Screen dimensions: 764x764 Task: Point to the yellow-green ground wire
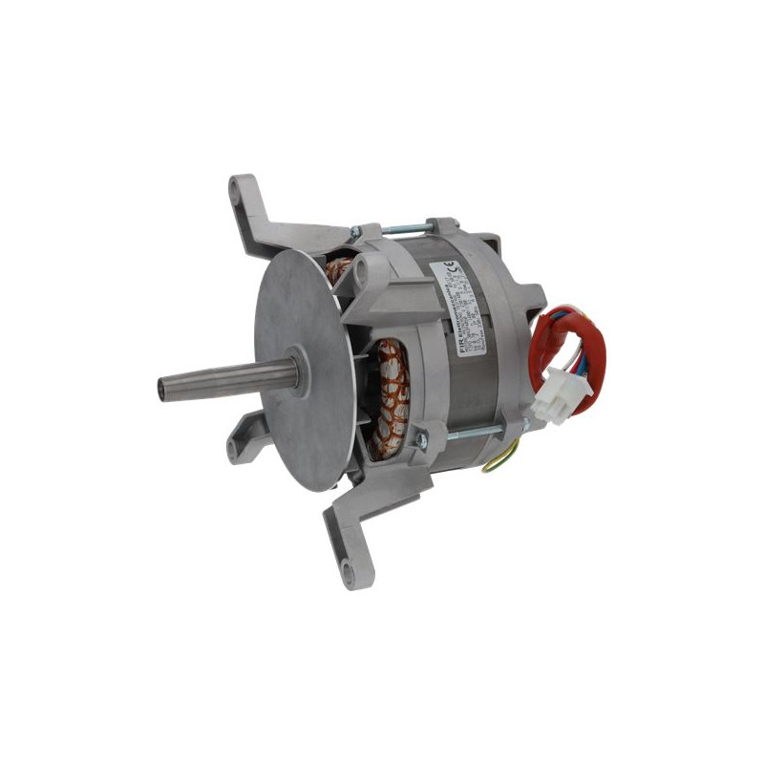[497, 462]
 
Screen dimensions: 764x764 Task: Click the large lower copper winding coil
[390, 396]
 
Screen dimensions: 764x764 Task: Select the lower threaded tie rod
[468, 435]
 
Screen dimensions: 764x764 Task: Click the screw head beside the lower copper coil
[417, 440]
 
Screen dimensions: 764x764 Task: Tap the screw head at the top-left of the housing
[354, 231]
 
